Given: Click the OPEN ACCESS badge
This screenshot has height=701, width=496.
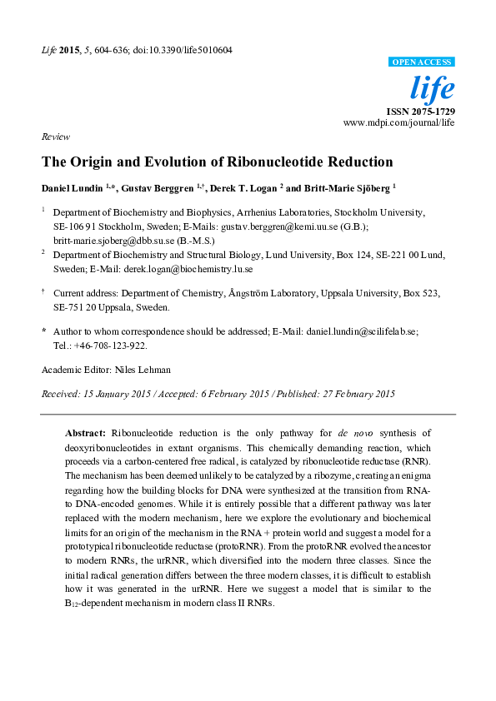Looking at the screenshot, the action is click(423, 62).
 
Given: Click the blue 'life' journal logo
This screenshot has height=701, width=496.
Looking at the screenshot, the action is click(434, 88).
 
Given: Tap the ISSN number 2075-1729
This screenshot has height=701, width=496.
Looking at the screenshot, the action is click(433, 111).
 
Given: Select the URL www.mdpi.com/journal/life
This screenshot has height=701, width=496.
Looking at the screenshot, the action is click(399, 122).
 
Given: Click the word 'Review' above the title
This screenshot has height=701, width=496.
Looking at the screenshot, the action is click(55, 137).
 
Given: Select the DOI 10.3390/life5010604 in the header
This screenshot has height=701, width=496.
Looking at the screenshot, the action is click(182, 50).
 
